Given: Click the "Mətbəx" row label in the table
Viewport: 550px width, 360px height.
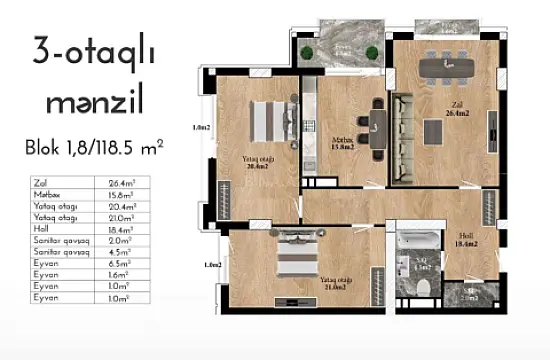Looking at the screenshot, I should click(49, 196).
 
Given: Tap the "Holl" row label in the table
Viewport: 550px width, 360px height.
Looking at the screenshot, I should click(43, 230).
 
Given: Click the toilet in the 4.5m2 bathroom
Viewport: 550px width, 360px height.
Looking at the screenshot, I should click(425, 287).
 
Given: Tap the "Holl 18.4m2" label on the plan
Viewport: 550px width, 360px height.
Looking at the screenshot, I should click(466, 238).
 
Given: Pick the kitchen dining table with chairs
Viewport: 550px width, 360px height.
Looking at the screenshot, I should click(376, 124).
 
